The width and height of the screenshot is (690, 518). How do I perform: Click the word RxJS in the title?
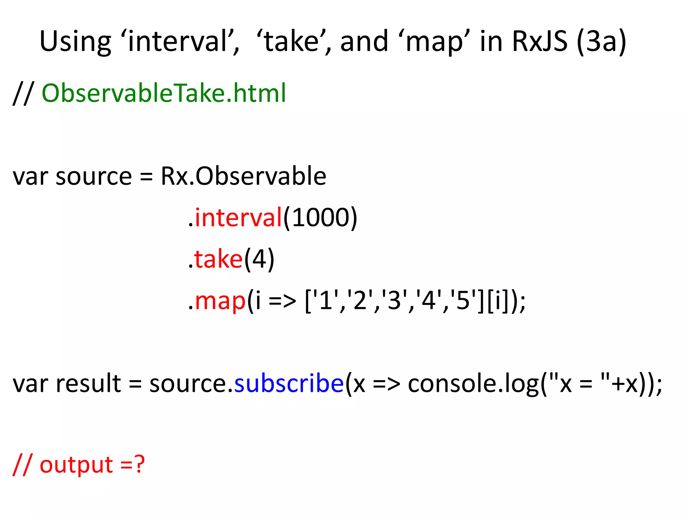[539, 41]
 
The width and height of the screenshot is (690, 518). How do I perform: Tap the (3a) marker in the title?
[601, 41]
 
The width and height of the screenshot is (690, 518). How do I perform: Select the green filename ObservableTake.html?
[164, 93]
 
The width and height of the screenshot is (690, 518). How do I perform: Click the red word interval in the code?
[238, 218]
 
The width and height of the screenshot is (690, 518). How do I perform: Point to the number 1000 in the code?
[320, 218]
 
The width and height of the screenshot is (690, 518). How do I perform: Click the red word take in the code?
[218, 259]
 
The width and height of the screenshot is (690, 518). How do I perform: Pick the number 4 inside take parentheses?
[259, 259]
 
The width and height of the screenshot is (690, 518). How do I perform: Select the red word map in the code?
[220, 301]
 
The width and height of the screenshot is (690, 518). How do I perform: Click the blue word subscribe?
[289, 384]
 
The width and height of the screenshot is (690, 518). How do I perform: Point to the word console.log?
[473, 384]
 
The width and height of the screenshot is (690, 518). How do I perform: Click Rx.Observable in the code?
[244, 176]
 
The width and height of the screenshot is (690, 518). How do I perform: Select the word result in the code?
[88, 384]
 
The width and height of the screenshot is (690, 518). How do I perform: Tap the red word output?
[76, 465]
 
